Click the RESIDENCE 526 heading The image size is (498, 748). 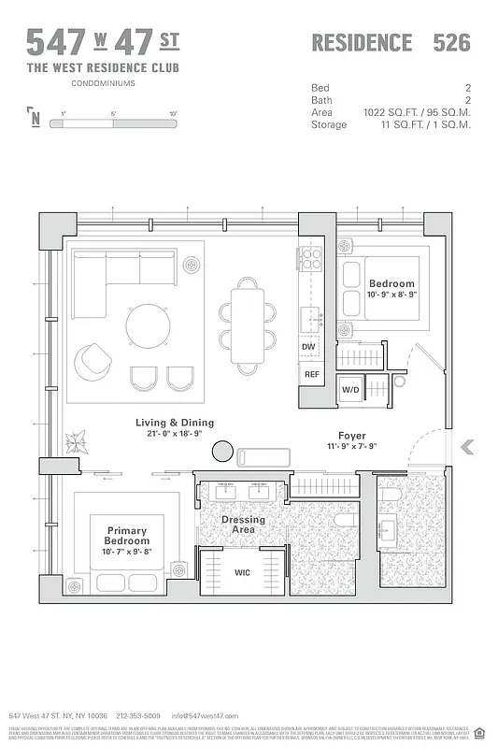click(x=390, y=43)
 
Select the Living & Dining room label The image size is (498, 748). click(x=175, y=428)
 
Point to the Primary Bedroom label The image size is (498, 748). click(x=127, y=535)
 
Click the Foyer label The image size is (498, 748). click(x=352, y=436)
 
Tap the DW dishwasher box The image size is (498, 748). click(x=308, y=346)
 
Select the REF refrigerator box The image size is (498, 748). click(x=309, y=374)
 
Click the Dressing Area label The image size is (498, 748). click(x=243, y=525)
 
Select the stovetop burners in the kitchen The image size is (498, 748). click(x=310, y=257)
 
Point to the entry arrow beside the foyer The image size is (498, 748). click(x=467, y=448)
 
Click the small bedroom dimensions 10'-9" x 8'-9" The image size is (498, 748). click(x=391, y=295)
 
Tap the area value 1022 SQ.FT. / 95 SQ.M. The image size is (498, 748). click(x=417, y=112)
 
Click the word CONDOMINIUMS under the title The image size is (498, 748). click(x=103, y=83)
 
